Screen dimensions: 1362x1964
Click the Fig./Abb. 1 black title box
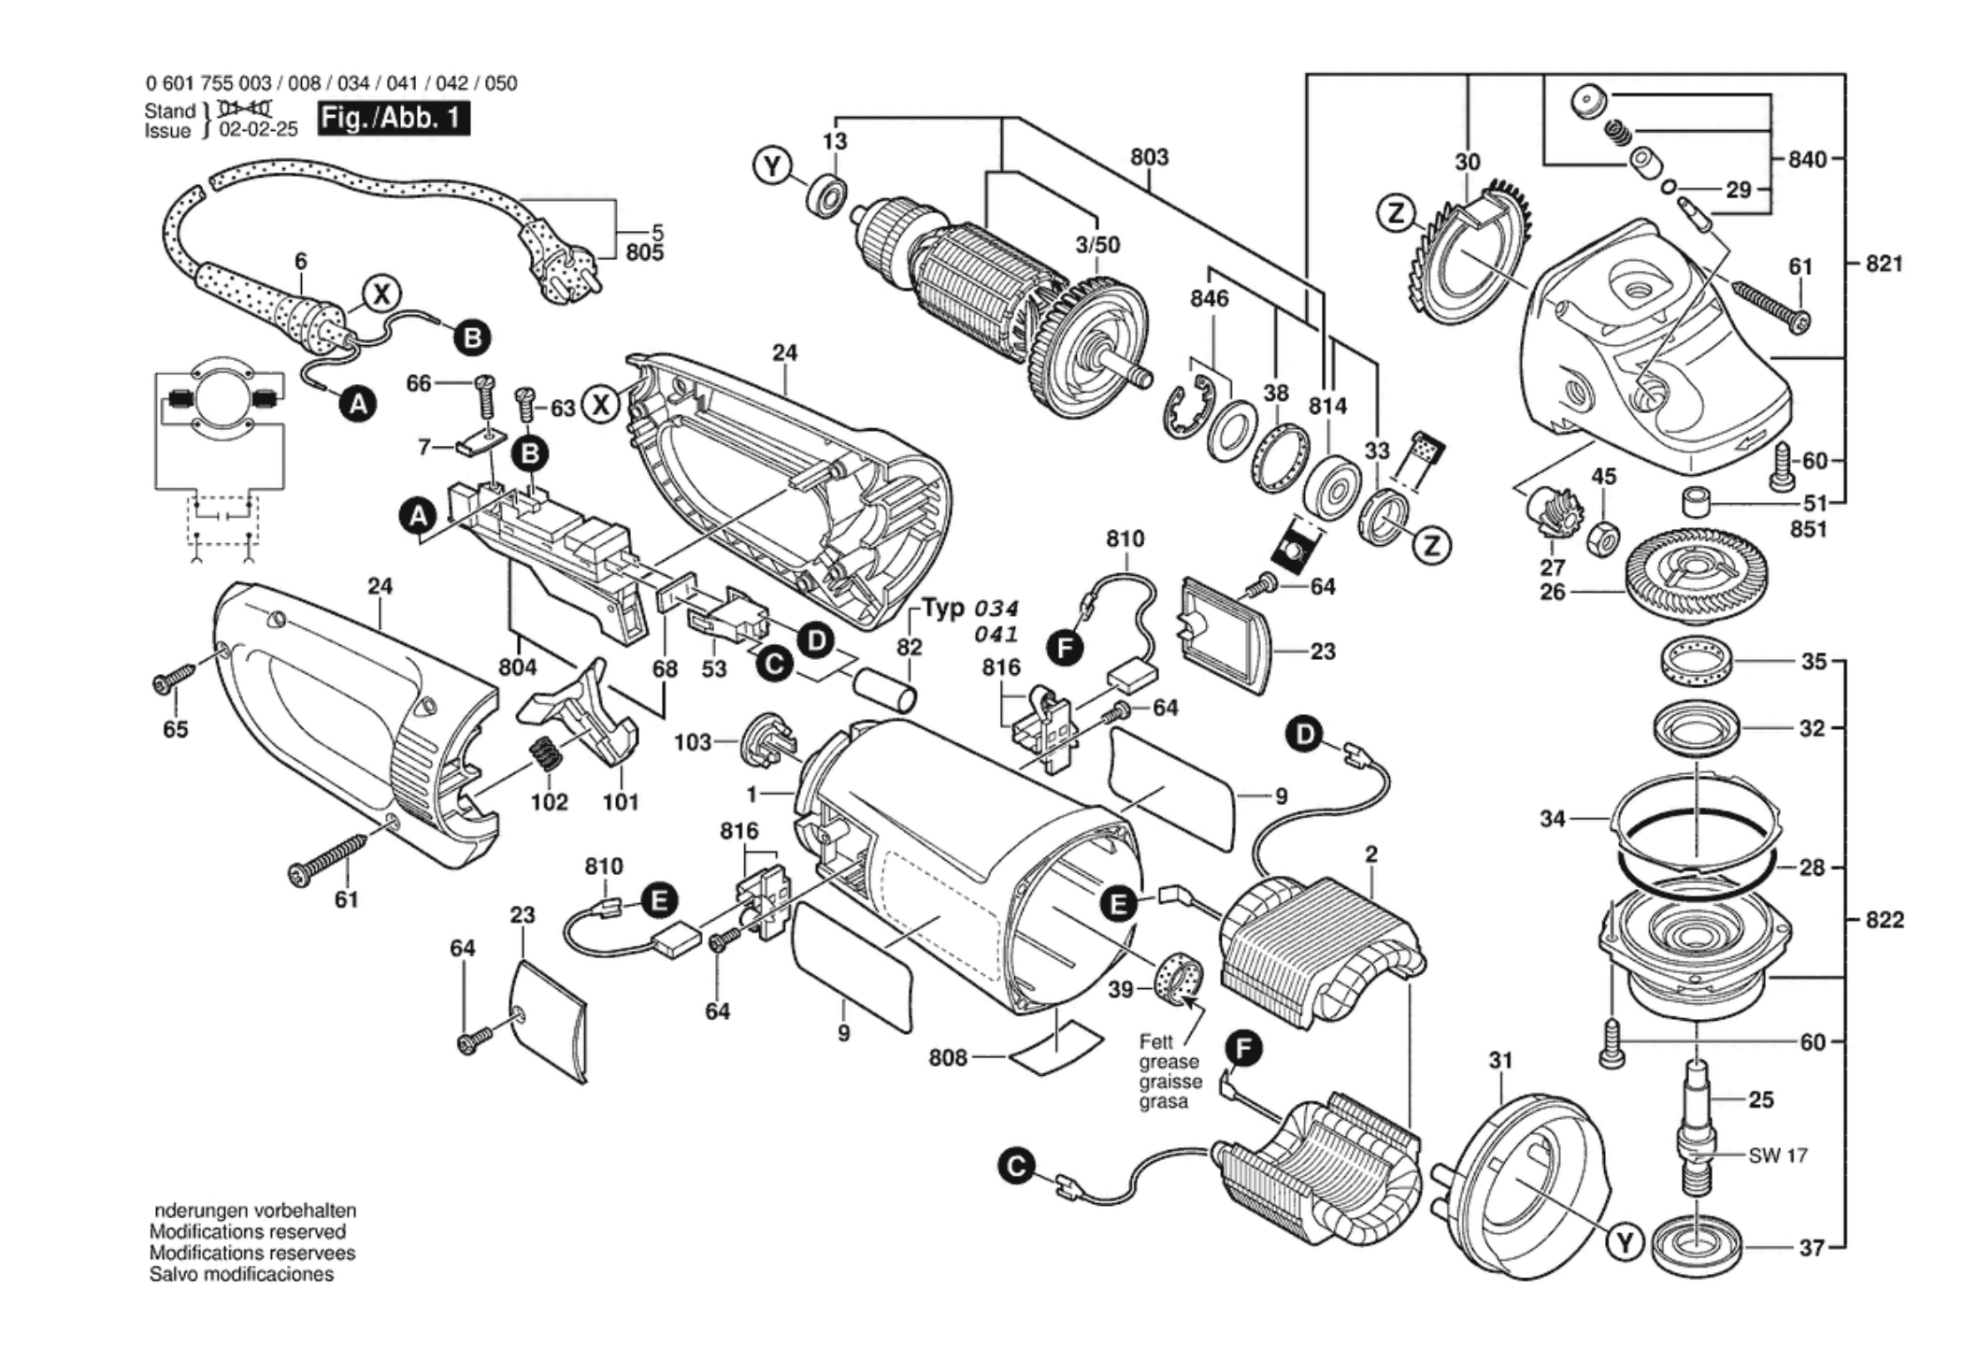[393, 119]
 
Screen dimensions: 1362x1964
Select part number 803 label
[1149, 157]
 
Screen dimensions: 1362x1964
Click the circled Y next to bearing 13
[772, 167]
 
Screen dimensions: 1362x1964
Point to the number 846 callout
[1209, 299]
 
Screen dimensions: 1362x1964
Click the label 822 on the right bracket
[1884, 920]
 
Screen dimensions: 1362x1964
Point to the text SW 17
[1777, 1155]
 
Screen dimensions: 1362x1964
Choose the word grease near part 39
[1168, 1062]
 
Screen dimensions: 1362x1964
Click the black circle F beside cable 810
[1065, 646]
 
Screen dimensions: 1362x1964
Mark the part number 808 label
[947, 1058]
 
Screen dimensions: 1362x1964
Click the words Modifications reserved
[247, 1232]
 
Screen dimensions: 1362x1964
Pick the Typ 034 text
[969, 609]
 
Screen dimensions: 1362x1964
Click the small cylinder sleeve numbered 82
[883, 689]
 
